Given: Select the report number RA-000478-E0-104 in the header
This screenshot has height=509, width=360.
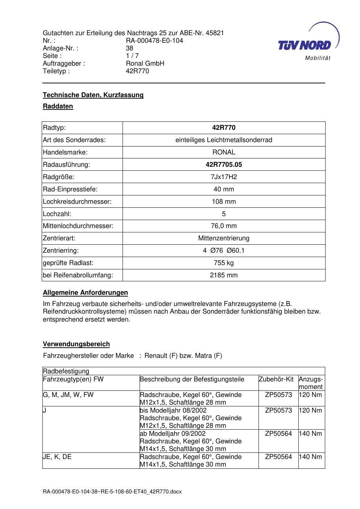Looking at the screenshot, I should (154, 41).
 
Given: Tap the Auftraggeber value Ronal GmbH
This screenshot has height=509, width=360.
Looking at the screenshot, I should (145, 63).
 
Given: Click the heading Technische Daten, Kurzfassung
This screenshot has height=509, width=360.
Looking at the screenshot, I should (93, 95).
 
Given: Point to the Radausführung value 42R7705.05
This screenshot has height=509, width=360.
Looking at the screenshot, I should (224, 165).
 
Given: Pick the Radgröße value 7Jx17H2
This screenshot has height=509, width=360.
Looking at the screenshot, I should (224, 177).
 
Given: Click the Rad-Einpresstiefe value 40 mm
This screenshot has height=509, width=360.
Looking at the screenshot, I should (224, 189).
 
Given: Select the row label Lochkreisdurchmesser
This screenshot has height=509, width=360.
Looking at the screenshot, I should (77, 202).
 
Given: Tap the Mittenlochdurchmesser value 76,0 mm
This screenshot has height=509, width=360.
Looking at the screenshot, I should (224, 226).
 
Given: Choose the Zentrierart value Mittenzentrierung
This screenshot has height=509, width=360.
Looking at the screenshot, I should (224, 238).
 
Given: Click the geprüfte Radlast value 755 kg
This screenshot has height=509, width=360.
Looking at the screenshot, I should (224, 263).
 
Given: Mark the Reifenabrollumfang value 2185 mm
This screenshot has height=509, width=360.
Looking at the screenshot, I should (224, 275).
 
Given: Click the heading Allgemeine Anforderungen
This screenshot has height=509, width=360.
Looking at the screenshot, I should (85, 293).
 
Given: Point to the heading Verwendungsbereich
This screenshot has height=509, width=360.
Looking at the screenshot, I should (76, 344).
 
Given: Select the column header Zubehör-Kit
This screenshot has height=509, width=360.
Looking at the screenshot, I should (276, 380).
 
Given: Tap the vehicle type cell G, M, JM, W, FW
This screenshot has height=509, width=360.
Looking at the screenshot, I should (68, 395).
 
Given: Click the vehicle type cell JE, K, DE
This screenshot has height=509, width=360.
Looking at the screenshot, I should (57, 457).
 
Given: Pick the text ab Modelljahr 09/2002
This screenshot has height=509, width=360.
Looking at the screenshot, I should (173, 434).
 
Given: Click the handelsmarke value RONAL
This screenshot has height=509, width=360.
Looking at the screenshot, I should (224, 152).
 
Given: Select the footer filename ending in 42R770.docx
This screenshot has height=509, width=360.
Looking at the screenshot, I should (112, 492).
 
